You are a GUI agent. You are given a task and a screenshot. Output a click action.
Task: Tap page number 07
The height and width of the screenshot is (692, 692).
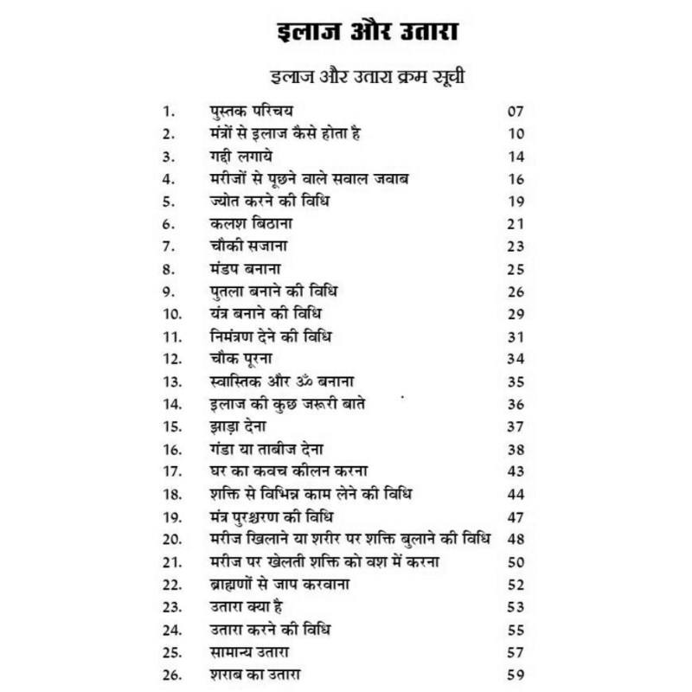tap(516, 112)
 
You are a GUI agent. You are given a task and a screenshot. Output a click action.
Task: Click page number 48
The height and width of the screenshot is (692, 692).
tap(516, 539)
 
